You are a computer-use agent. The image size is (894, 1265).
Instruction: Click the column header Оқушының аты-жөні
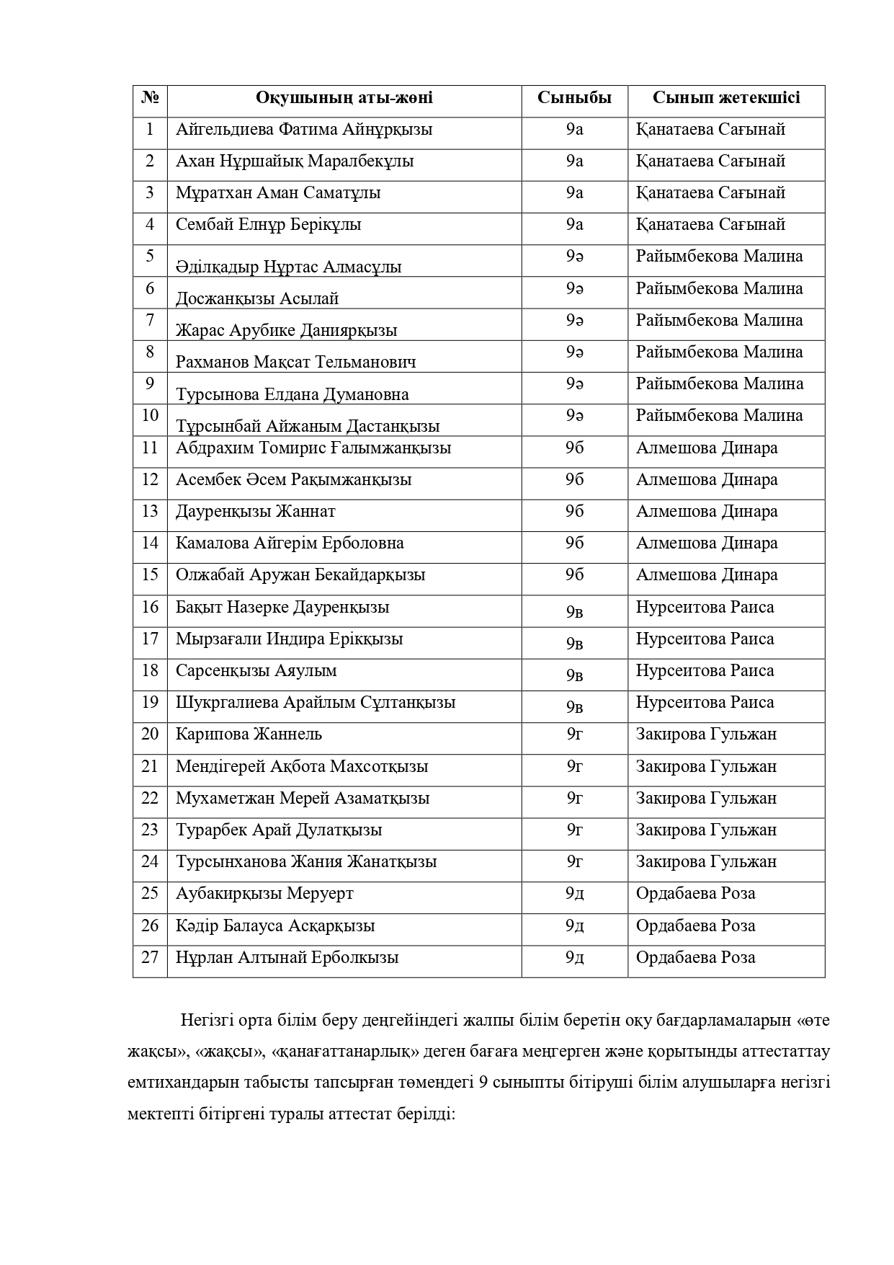pyautogui.click(x=344, y=98)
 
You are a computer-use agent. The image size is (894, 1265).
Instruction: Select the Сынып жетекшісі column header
pyautogui.click(x=726, y=98)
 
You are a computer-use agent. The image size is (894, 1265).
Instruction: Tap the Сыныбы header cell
pyautogui.click(x=574, y=98)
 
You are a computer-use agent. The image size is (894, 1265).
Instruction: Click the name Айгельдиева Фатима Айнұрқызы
pyautogui.click(x=304, y=130)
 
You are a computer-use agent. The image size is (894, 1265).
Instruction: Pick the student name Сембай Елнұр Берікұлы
pyautogui.click(x=268, y=225)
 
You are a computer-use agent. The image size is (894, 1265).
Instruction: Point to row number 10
pyautogui.click(x=150, y=415)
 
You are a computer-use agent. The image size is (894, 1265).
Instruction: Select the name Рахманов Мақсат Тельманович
pyautogui.click(x=295, y=362)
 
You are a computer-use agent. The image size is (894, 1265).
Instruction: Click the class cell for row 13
pyautogui.click(x=574, y=512)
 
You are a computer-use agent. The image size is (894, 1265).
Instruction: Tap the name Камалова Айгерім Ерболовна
pyautogui.click(x=290, y=543)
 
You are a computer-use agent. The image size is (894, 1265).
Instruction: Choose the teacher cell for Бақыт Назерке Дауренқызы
pyautogui.click(x=705, y=607)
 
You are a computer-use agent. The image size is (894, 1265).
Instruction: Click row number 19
pyautogui.click(x=150, y=702)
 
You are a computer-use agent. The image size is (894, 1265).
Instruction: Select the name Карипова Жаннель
pyautogui.click(x=249, y=734)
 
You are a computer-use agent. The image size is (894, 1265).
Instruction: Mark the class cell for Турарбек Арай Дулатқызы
pyautogui.click(x=574, y=830)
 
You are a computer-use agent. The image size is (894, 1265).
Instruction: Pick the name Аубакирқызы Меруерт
pyautogui.click(x=264, y=894)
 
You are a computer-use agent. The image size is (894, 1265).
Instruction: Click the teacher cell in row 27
pyautogui.click(x=695, y=958)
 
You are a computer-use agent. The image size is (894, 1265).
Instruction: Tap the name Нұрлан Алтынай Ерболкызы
pyautogui.click(x=287, y=958)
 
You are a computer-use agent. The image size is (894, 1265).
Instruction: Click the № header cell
pyautogui.click(x=150, y=98)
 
